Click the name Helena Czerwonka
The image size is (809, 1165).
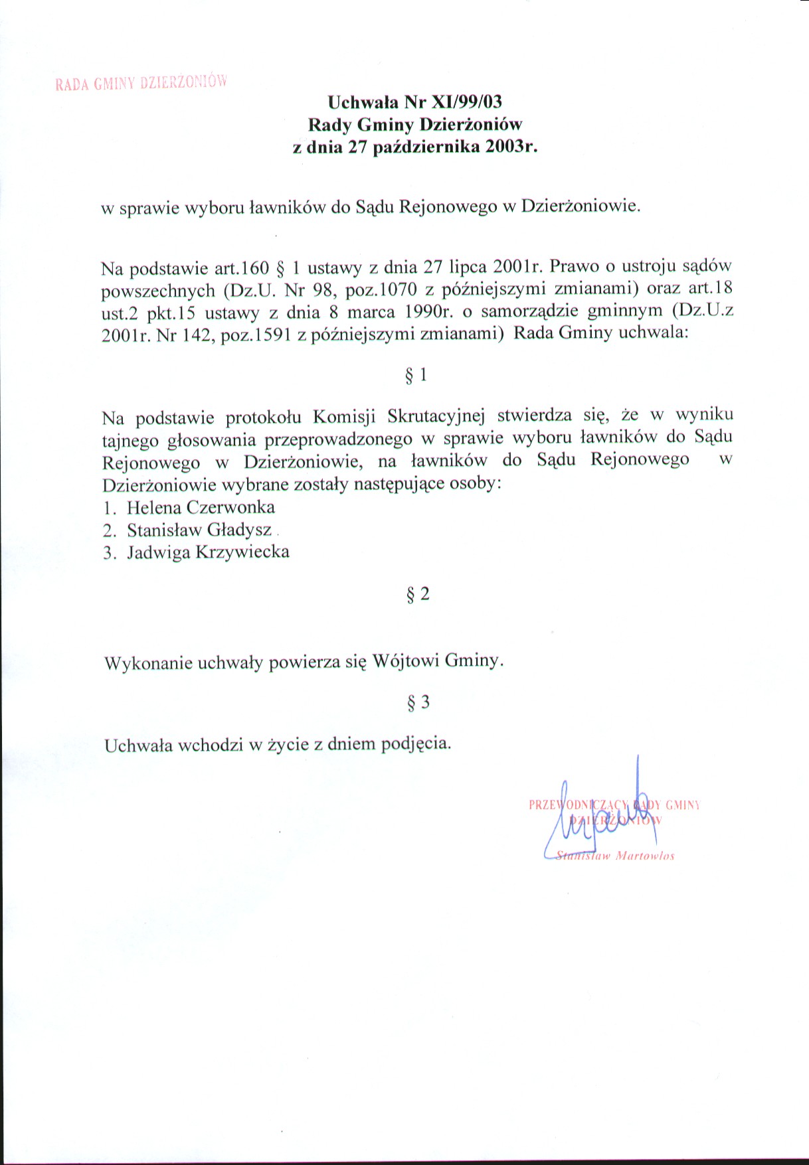[x=201, y=508]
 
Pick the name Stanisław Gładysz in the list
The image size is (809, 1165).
[x=199, y=530]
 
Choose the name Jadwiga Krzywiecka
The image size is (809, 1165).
[x=208, y=552]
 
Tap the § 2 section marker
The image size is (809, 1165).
[x=418, y=594]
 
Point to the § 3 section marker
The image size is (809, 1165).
[x=418, y=702]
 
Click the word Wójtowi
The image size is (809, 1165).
[x=406, y=662]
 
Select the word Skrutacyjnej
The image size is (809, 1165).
[x=436, y=417]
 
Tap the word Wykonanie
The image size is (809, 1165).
[x=149, y=663]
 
